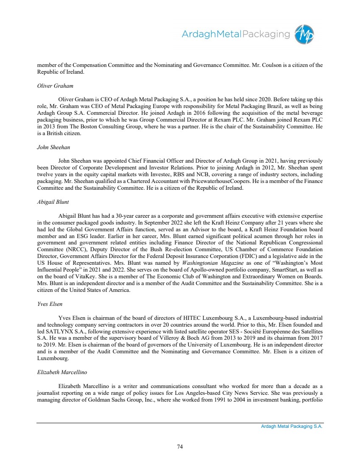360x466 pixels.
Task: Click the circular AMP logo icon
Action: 305,34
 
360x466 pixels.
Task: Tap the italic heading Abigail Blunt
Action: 53,202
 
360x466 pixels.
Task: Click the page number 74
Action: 180,446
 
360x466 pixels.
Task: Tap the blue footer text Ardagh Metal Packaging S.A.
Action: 292,427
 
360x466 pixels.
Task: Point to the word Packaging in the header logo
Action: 266,34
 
